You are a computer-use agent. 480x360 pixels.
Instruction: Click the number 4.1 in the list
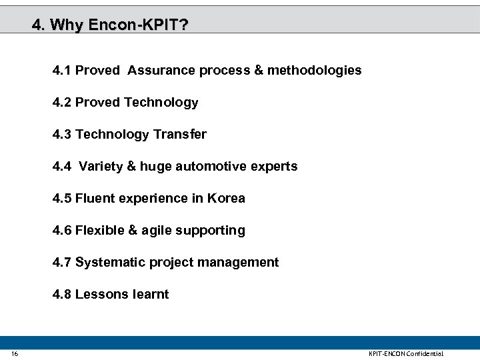(62, 70)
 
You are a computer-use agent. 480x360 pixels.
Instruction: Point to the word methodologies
(315, 70)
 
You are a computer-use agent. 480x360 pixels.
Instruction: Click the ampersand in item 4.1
(259, 70)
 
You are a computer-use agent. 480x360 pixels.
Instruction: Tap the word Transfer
(180, 134)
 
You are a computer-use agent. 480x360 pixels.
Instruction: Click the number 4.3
(62, 134)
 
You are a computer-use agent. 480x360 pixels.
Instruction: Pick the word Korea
(226, 198)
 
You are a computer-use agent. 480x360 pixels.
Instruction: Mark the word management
(241, 263)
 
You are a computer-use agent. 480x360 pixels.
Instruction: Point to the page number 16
(15, 353)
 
